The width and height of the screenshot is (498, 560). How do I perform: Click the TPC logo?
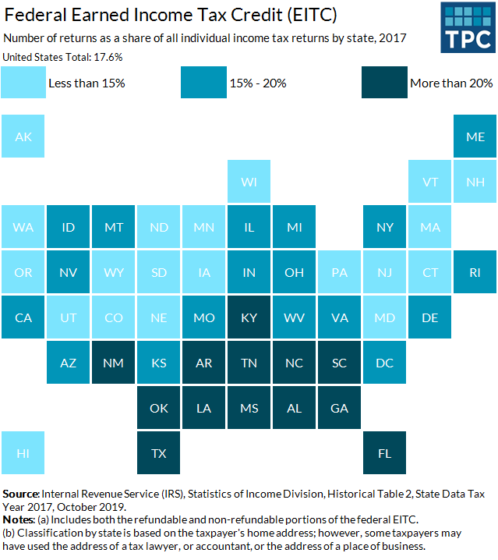(466, 27)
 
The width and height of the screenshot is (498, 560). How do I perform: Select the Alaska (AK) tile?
(23, 136)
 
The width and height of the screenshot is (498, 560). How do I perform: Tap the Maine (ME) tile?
(475, 136)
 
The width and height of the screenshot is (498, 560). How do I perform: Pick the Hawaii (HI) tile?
(23, 452)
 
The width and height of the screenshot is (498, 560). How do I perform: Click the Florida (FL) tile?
(385, 452)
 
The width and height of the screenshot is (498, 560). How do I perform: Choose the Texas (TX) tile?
(159, 452)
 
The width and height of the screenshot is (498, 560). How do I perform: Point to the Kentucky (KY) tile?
(249, 317)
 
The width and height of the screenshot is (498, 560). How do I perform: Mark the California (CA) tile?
(23, 317)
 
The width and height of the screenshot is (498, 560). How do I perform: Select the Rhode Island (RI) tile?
(475, 271)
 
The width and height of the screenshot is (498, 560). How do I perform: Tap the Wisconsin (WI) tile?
(249, 181)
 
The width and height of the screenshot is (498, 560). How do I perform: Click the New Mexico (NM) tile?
(114, 362)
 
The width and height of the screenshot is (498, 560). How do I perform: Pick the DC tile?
(385, 362)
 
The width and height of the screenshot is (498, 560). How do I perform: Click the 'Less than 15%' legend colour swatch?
(23, 83)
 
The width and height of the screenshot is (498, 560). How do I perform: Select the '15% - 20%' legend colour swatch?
(204, 83)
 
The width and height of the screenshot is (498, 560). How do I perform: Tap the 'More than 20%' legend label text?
(451, 83)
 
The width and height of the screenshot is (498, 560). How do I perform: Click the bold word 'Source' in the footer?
(21, 493)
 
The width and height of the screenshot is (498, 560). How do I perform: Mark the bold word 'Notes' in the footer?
(19, 519)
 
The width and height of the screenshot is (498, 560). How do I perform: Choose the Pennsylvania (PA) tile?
(340, 271)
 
